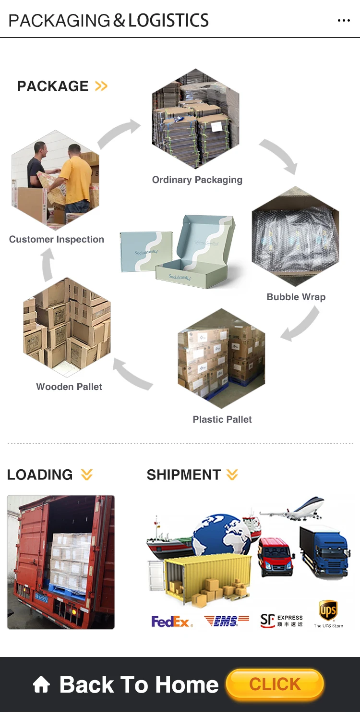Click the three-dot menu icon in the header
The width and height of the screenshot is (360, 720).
click(344, 20)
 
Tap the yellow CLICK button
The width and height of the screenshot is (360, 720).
click(275, 684)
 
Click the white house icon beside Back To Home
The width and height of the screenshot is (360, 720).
click(41, 684)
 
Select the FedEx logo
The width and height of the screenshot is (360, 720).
click(172, 622)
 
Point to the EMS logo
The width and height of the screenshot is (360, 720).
click(227, 621)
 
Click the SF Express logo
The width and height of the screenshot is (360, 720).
click(281, 621)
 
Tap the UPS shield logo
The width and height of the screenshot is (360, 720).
click(328, 611)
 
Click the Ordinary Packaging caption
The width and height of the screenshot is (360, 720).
click(197, 180)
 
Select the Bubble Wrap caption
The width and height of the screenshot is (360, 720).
click(296, 297)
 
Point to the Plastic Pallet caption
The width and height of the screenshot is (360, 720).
click(222, 419)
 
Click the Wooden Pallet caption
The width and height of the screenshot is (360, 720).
click(69, 387)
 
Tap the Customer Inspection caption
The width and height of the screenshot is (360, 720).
click(57, 239)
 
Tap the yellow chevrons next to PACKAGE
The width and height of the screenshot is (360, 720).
click(101, 86)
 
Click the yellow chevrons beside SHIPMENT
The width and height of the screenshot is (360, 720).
click(232, 475)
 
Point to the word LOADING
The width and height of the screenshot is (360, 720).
click(40, 475)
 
